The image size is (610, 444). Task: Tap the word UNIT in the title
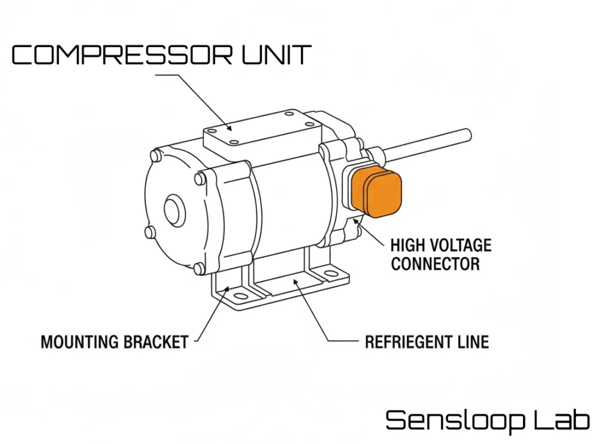point(276,55)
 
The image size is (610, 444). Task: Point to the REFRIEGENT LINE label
point(427,342)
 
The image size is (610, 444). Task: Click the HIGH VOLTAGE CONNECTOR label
point(441,254)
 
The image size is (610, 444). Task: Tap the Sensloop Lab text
point(488,420)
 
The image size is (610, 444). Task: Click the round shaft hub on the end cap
point(173,211)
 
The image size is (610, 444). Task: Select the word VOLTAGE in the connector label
point(462,245)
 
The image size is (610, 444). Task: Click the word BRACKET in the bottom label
point(155,342)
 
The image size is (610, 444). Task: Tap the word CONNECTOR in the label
point(435,264)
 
